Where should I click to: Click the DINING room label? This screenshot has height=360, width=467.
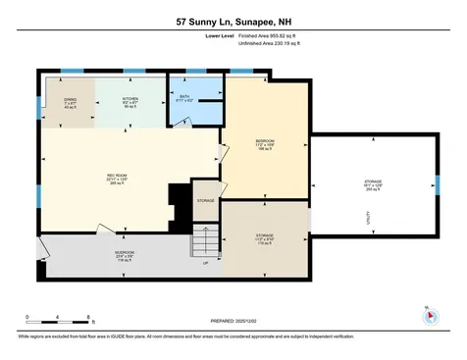[x=71, y=101]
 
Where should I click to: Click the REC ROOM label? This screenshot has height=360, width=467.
[x=119, y=179]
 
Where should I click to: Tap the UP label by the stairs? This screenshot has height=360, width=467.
[x=205, y=262]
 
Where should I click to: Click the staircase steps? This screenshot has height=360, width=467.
[x=205, y=239]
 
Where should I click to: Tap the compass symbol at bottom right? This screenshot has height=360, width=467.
[x=427, y=316]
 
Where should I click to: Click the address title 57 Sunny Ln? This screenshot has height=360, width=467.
[x=233, y=19]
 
